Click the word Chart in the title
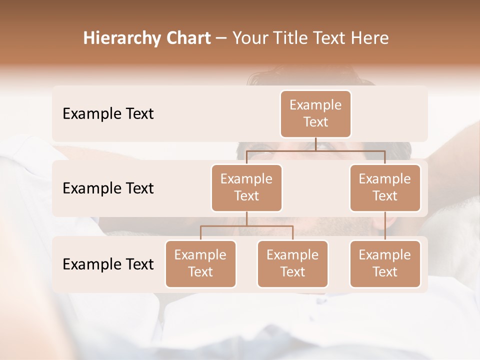click(186, 38)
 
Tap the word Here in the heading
click(370, 38)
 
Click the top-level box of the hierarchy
click(315, 114)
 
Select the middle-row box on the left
click(246, 188)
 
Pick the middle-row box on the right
click(385, 188)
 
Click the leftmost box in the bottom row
click(200, 264)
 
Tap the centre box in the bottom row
click(292, 264)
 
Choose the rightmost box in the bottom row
click(385, 264)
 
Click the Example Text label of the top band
click(108, 114)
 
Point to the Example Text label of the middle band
click(108, 188)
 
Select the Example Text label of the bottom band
click(108, 264)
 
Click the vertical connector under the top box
click(315, 144)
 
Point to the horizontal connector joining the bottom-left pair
click(246, 226)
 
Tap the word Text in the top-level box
click(315, 122)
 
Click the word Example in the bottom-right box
click(385, 255)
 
